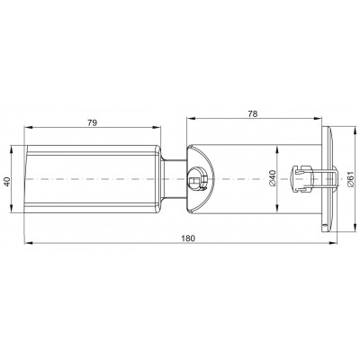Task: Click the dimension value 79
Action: tap(93, 123)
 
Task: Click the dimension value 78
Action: tap(253, 113)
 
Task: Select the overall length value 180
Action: tap(188, 238)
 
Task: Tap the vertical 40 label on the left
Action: tap(7, 182)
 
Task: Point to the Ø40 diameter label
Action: tap(272, 178)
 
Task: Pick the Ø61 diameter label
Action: tap(350, 180)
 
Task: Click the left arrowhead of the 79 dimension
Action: tap(28, 128)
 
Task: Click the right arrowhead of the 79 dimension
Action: tap(157, 128)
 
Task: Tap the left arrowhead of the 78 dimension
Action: tap(190, 119)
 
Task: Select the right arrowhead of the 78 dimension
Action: tap(318, 119)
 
